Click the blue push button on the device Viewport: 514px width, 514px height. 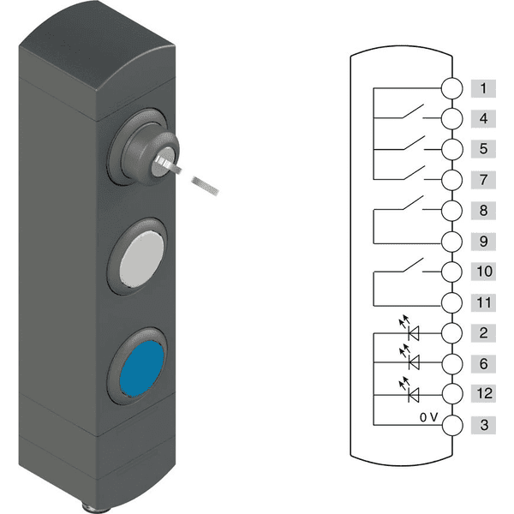pos(141,368)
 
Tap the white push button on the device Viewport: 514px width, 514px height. pos(141,259)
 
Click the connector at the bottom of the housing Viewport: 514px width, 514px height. pos(99,509)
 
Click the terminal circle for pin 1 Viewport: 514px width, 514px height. pos(451,88)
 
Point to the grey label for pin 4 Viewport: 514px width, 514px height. pos(483,119)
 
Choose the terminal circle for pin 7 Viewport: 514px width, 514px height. pos(451,180)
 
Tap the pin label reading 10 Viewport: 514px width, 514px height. pos(483,272)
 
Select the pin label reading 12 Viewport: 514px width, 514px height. pos(483,393)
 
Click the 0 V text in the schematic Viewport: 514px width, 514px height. pos(428,417)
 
